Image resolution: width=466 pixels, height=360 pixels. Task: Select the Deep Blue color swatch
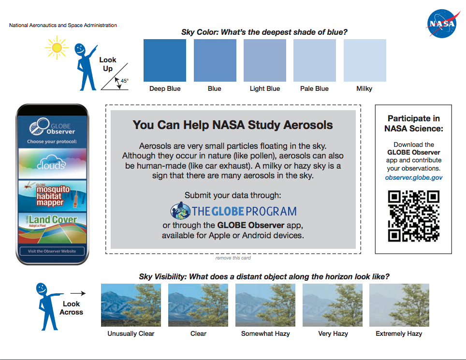click(x=165, y=60)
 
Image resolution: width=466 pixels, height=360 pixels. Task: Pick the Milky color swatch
click(x=364, y=60)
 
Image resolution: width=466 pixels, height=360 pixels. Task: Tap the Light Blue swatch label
click(x=264, y=89)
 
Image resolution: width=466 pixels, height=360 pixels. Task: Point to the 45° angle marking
click(x=124, y=81)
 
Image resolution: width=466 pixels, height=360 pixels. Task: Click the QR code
click(x=414, y=216)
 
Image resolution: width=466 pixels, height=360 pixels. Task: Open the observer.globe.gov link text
click(x=414, y=177)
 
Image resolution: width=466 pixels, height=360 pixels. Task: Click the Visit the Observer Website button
click(x=52, y=251)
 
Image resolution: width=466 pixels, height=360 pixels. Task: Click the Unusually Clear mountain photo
click(x=131, y=305)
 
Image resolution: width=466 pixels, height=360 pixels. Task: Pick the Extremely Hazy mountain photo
click(x=399, y=305)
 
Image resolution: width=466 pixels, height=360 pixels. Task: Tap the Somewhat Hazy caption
click(x=265, y=334)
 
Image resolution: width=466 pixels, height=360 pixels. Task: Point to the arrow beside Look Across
click(x=77, y=293)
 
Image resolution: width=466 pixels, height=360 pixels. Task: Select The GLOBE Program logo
click(x=233, y=211)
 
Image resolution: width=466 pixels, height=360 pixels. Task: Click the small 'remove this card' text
click(x=233, y=258)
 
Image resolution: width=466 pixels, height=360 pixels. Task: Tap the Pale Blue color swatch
click(x=315, y=60)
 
